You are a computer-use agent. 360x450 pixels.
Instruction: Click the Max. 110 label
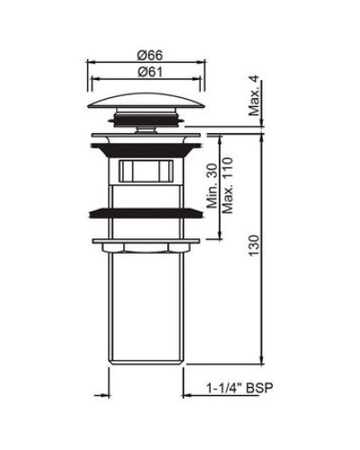[228, 184]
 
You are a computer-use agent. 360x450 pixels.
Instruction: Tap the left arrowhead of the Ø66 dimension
[90, 63]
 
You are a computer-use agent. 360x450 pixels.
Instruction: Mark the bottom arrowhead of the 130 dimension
[261, 358]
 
